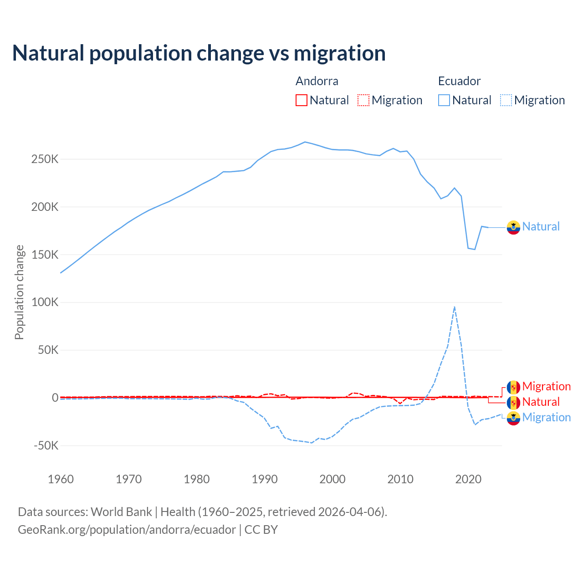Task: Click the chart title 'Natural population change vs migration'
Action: click(199, 53)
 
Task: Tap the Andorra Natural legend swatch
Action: click(302, 100)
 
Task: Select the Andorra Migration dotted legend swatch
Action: click(363, 100)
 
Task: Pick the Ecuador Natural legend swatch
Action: click(444, 100)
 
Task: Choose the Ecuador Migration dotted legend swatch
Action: click(506, 100)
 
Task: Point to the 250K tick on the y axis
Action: click(45, 159)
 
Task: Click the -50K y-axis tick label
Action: click(46, 445)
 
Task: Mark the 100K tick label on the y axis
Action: click(45, 302)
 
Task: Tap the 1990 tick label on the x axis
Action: click(265, 479)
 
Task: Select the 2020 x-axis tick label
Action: click(468, 479)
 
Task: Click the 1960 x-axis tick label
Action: click(61, 479)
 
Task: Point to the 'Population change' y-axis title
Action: click(19, 292)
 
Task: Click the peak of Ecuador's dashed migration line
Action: click(455, 307)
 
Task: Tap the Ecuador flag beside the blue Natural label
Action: click(513, 227)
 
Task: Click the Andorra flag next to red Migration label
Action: click(513, 387)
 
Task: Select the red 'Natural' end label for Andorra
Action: click(541, 402)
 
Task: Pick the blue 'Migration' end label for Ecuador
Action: click(546, 418)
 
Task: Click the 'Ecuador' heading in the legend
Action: click(459, 81)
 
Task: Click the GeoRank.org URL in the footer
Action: click(127, 530)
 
